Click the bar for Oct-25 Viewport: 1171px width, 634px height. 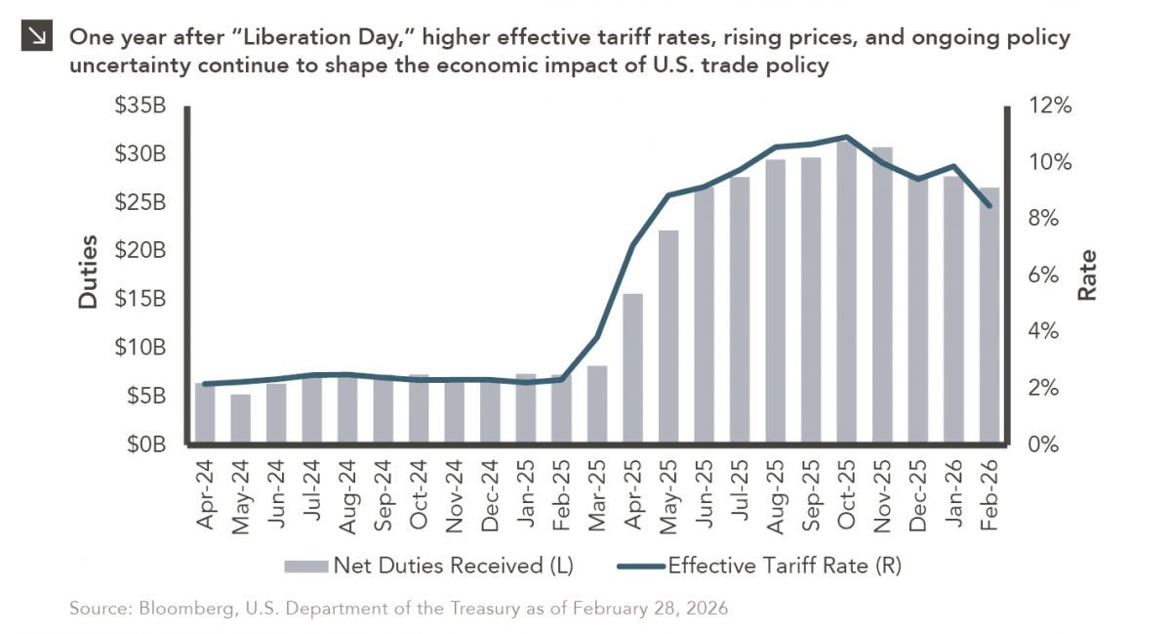tap(846, 293)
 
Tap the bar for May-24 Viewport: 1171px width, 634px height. tap(240, 419)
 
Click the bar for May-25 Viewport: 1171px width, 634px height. tap(667, 337)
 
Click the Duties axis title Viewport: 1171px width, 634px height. tap(89, 273)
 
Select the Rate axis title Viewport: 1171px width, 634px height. tap(1086, 275)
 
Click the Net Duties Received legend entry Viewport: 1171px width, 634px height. tap(429, 565)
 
